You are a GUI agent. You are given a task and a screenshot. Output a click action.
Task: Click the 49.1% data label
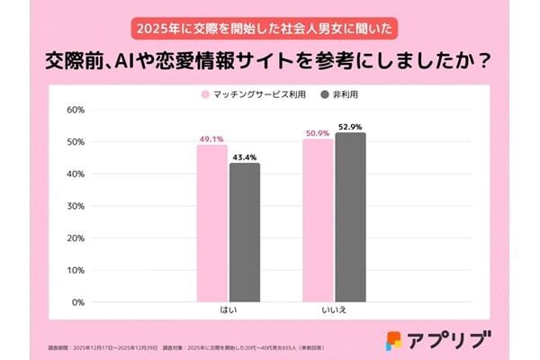(x=212, y=139)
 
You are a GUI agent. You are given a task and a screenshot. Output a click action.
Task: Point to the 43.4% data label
(x=245, y=157)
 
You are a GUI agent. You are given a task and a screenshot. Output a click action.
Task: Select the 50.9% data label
(x=318, y=133)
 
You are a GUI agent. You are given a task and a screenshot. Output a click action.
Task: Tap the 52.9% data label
(x=350, y=127)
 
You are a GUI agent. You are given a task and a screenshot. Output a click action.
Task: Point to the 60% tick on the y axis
(x=76, y=110)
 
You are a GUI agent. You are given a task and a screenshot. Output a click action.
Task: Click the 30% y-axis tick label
(x=76, y=206)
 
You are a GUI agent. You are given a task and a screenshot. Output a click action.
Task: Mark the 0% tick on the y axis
(x=78, y=302)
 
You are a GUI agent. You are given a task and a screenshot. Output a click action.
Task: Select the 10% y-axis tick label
(x=76, y=270)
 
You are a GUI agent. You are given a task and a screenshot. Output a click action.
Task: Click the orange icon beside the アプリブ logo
(x=394, y=340)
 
